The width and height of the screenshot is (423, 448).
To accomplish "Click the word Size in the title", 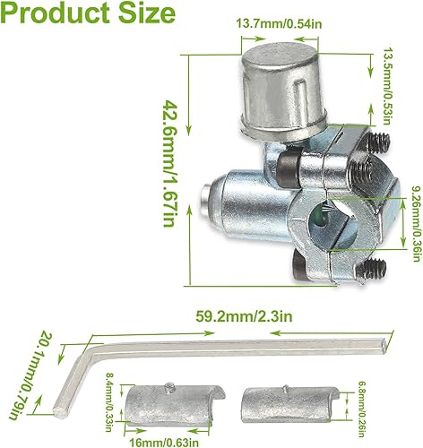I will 147,15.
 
